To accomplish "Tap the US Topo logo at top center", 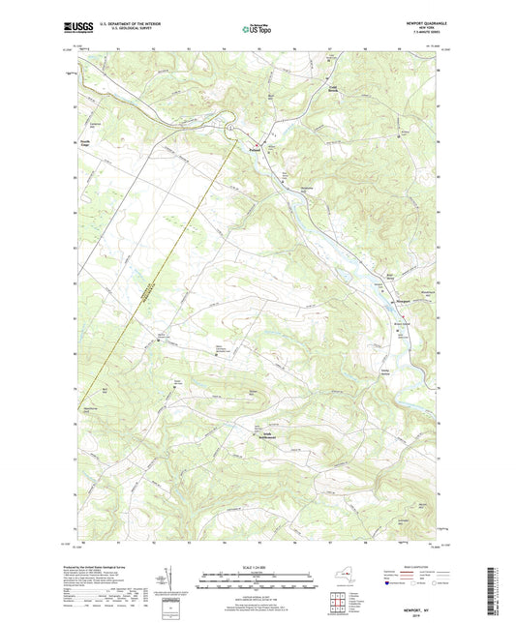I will (x=258, y=30).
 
